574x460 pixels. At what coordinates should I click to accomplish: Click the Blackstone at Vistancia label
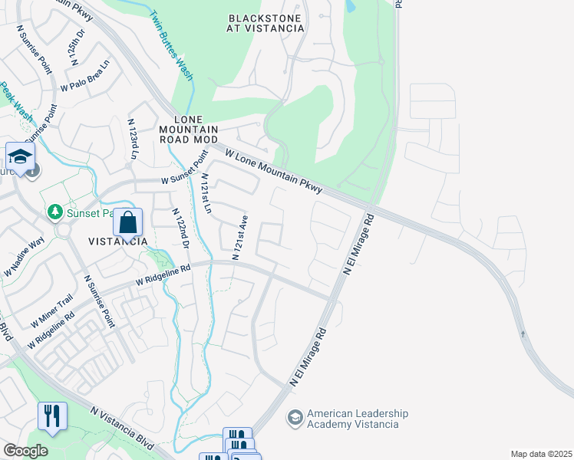click(x=266, y=22)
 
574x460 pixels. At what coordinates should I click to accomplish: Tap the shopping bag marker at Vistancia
click(x=129, y=223)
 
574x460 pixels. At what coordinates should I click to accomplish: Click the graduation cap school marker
click(x=20, y=157)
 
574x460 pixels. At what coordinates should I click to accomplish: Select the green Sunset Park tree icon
click(x=54, y=211)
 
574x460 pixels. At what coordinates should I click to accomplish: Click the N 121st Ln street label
click(x=206, y=193)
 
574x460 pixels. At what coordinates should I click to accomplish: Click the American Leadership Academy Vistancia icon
click(x=294, y=419)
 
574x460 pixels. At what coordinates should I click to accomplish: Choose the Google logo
click(x=25, y=451)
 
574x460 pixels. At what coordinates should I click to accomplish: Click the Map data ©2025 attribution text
click(x=541, y=454)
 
